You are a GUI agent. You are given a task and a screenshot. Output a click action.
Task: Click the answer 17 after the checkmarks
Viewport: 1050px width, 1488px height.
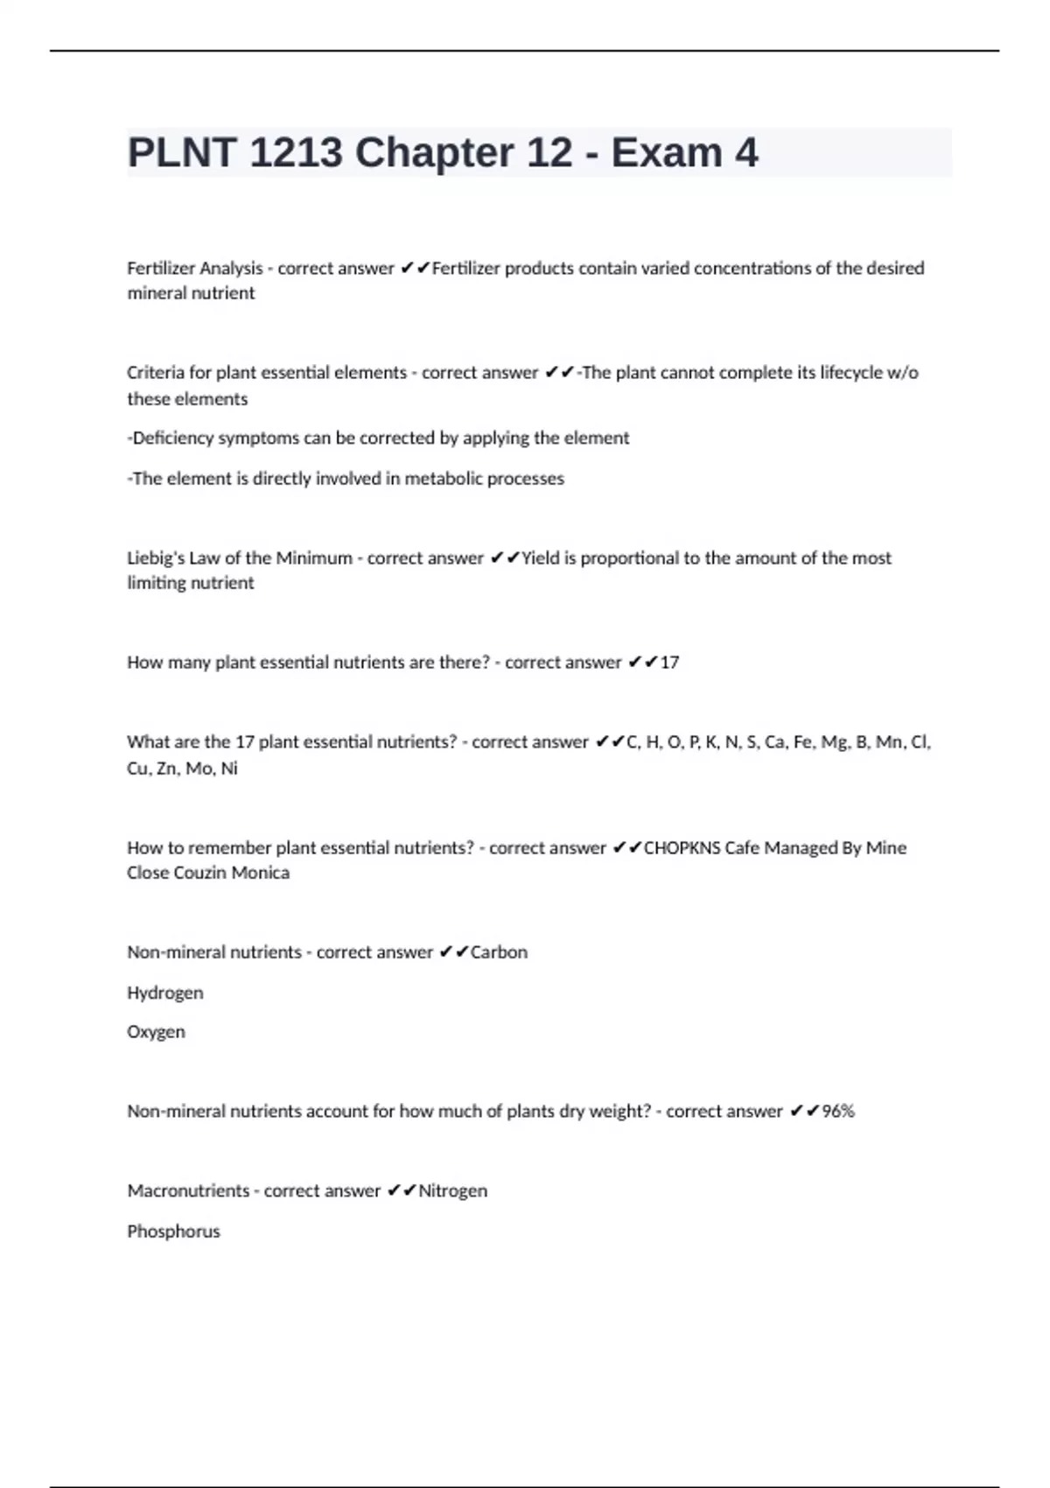pos(669,663)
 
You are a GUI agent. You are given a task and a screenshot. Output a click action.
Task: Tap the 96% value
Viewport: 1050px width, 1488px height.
pos(838,1112)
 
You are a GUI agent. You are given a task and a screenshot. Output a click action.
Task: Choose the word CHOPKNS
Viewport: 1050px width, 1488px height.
pos(682,848)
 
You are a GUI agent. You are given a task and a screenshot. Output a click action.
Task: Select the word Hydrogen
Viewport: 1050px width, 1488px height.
pos(164,993)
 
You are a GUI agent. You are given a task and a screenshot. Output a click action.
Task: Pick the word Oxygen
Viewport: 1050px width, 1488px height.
pos(156,1032)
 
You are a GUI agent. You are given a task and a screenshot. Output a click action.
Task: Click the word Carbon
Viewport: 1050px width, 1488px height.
pos(499,952)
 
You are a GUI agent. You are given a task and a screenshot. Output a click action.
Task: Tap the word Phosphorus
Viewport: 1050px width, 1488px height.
pos(173,1232)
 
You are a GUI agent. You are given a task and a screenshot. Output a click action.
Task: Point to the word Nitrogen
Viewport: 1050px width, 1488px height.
pos(452,1191)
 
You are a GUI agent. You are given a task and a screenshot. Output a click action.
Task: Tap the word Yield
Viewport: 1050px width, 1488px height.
pos(540,558)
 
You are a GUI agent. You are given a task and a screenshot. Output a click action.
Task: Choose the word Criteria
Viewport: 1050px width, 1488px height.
pos(155,373)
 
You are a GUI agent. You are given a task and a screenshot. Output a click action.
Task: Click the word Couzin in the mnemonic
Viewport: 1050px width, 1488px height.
pos(208,873)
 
